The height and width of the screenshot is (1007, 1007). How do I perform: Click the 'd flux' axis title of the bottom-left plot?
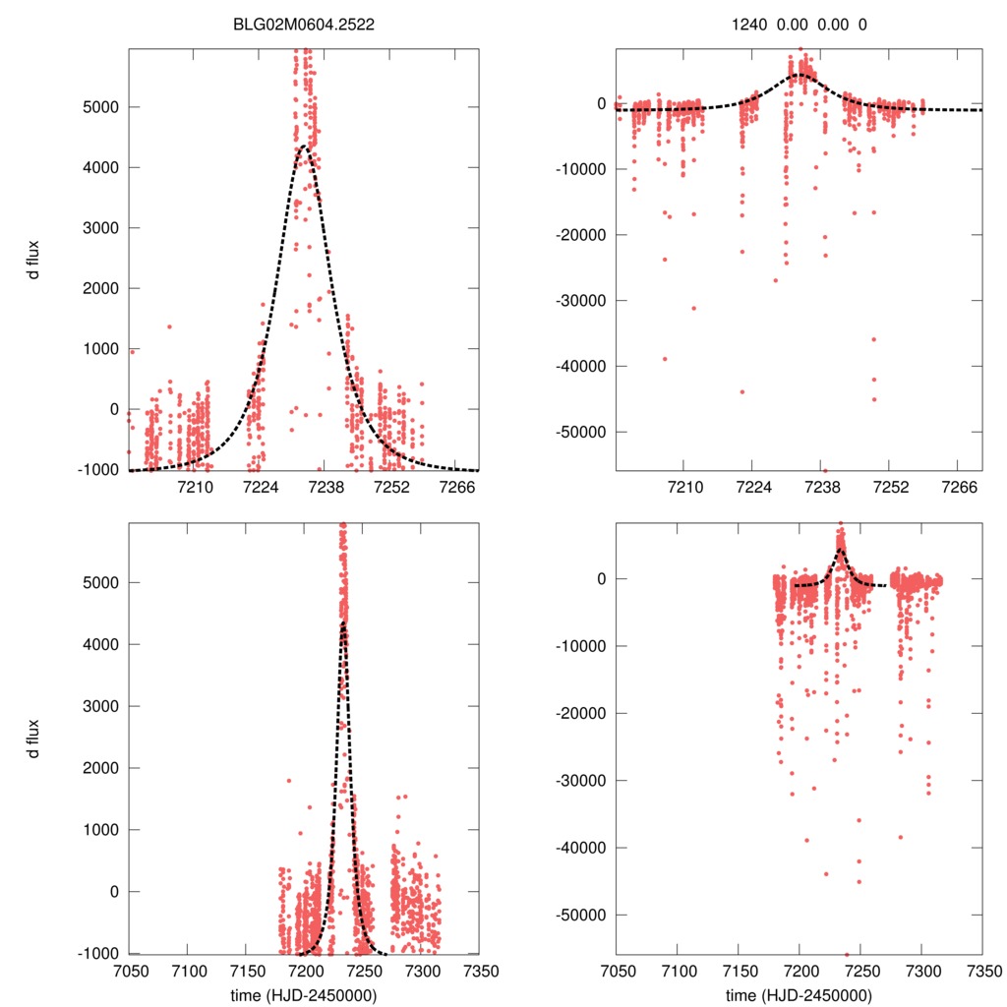[34, 739]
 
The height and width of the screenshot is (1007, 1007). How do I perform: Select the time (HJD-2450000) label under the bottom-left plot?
[305, 994]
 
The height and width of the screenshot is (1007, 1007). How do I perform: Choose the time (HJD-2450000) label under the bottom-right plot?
[799, 994]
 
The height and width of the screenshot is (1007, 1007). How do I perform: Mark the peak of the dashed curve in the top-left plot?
[304, 147]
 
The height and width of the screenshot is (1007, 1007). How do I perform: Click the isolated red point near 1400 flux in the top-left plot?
[169, 326]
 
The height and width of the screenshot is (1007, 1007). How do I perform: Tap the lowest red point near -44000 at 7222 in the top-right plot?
[742, 391]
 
